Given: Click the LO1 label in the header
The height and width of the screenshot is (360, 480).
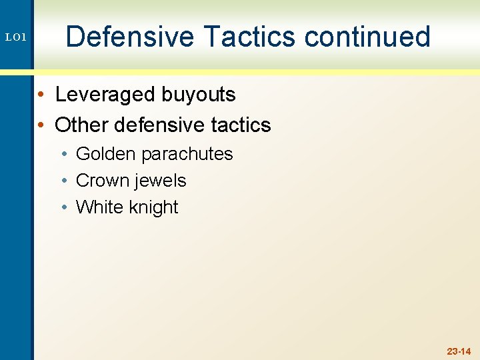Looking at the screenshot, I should tap(15, 38).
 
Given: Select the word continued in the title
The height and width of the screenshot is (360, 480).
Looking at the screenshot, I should tap(368, 37).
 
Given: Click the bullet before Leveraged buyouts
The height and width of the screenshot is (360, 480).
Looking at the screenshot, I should tap(41, 95).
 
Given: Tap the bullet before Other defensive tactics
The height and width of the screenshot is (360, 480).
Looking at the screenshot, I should tap(41, 125).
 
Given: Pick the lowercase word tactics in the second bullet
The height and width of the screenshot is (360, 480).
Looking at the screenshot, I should tap(243, 125).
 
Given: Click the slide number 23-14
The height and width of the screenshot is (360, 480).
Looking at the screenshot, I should tap(459, 351).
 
